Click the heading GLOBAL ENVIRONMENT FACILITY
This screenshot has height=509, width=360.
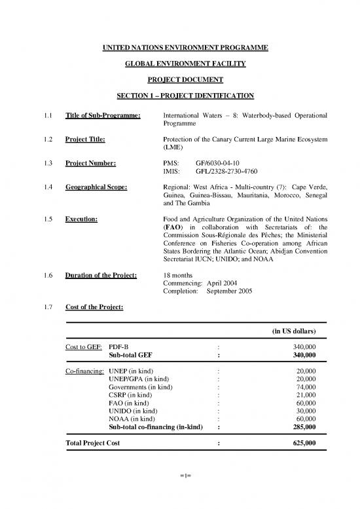(180, 64)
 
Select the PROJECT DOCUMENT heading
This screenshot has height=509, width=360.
(180, 80)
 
